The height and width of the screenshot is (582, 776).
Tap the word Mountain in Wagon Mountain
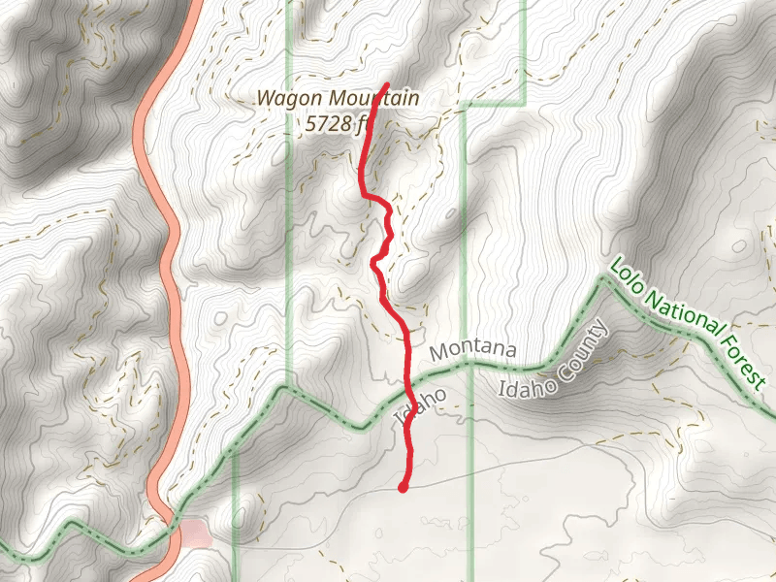click(x=373, y=98)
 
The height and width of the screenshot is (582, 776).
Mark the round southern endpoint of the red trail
click(x=403, y=487)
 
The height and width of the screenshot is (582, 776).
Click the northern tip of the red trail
click(x=387, y=85)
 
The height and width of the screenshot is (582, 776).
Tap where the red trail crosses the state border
click(x=411, y=401)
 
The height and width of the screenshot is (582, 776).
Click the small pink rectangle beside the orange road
click(x=197, y=532)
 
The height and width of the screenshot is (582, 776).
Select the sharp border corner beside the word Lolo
click(x=604, y=278)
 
